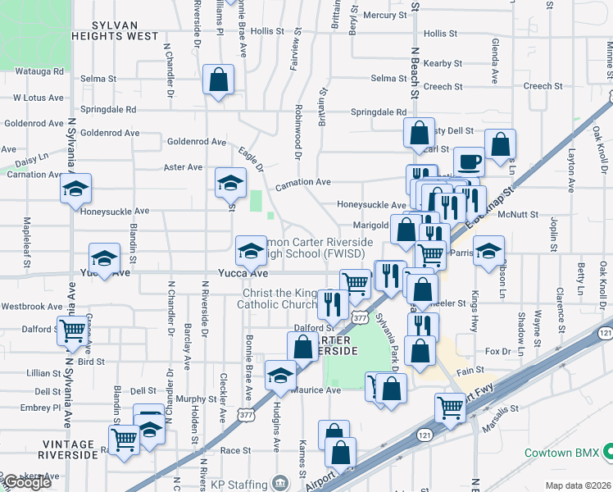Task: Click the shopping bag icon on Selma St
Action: point(218,80)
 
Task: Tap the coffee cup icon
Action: point(469,161)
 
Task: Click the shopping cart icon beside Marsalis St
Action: point(450,406)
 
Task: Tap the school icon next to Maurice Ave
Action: point(280,375)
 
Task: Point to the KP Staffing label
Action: point(234,481)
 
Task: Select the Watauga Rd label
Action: point(37,71)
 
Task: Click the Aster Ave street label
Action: point(183,167)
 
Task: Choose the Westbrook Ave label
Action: point(32,307)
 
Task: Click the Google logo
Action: point(26,481)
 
